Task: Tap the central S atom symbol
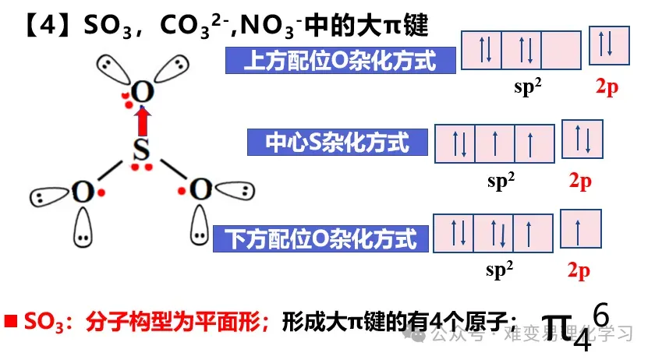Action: point(140,151)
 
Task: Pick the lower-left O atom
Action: point(82,191)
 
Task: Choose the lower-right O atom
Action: point(201,189)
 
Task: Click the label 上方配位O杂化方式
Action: point(340,60)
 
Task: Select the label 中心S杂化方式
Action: point(338,142)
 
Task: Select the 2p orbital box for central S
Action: point(582,139)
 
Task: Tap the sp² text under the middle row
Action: point(501,181)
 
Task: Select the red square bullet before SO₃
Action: point(11,321)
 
